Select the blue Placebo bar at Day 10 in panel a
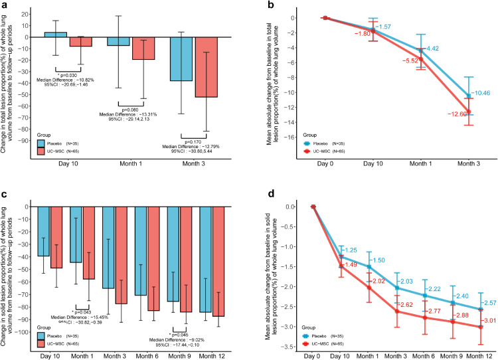(55, 35)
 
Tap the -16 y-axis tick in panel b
(307, 137)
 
